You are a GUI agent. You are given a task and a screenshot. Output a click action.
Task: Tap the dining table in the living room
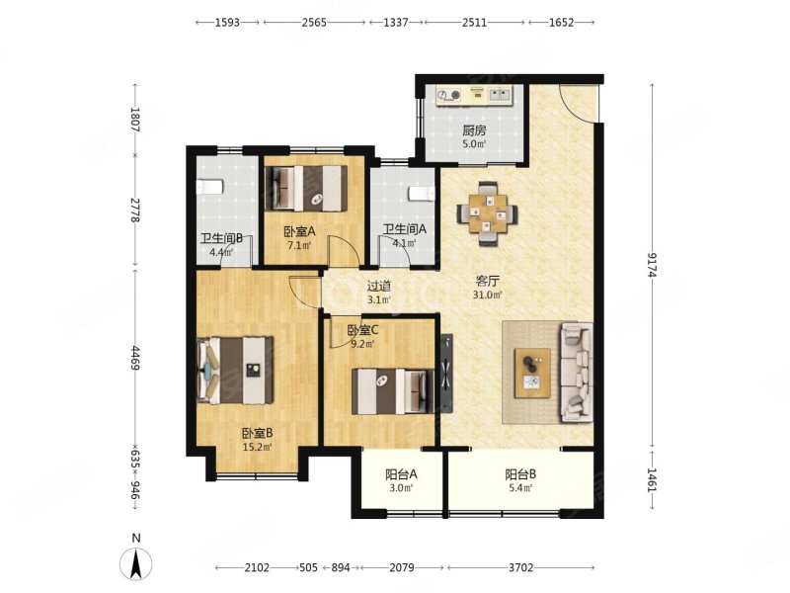pyautogui.click(x=487, y=213)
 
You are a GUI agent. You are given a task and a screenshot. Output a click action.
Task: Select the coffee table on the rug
pyautogui.click(x=532, y=374)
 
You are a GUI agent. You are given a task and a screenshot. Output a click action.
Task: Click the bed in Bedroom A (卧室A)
pyautogui.click(x=306, y=188)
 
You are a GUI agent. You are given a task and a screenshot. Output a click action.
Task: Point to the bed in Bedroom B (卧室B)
pyautogui.click(x=236, y=371)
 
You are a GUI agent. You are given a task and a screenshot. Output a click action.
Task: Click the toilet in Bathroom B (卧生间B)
pyautogui.click(x=209, y=186)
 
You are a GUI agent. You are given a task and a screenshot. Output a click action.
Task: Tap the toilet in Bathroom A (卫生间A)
pyautogui.click(x=421, y=194)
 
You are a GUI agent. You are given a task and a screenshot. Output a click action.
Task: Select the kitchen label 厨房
pyautogui.click(x=474, y=131)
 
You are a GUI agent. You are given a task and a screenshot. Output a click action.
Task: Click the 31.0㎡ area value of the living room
pyautogui.click(x=487, y=295)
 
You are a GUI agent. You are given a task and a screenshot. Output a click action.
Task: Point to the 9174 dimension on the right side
pyautogui.click(x=653, y=264)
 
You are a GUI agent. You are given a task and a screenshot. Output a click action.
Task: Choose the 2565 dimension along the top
pyautogui.click(x=313, y=22)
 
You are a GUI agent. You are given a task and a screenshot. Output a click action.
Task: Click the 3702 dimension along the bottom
pyautogui.click(x=520, y=567)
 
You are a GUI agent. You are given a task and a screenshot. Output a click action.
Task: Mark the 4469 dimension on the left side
pyautogui.click(x=134, y=357)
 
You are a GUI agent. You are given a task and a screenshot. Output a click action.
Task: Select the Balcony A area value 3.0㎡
pyautogui.click(x=400, y=487)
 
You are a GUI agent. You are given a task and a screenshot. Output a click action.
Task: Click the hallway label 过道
pyautogui.click(x=379, y=287)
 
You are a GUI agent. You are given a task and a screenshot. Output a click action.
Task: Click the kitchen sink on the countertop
pyautogui.click(x=500, y=94)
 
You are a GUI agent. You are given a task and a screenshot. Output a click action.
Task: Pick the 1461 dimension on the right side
pyautogui.click(x=653, y=480)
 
